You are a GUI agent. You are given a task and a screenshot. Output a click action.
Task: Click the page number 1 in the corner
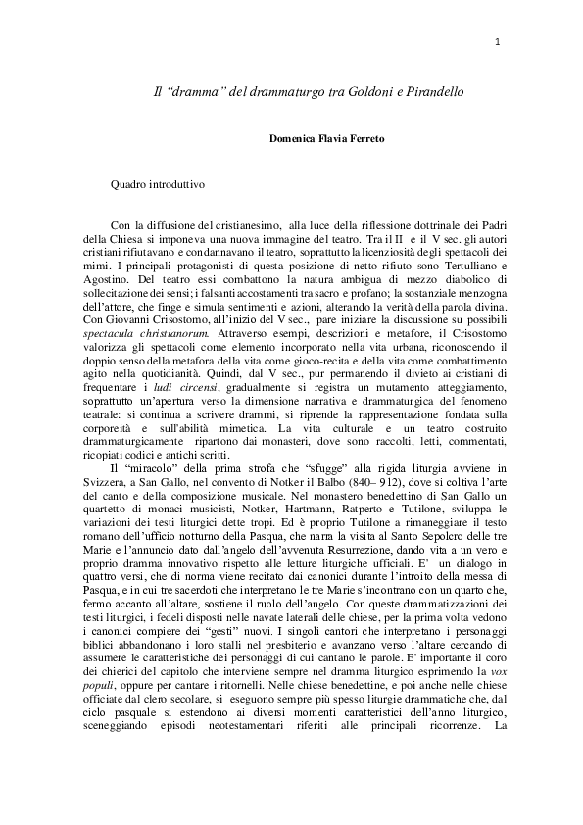[499, 41]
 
